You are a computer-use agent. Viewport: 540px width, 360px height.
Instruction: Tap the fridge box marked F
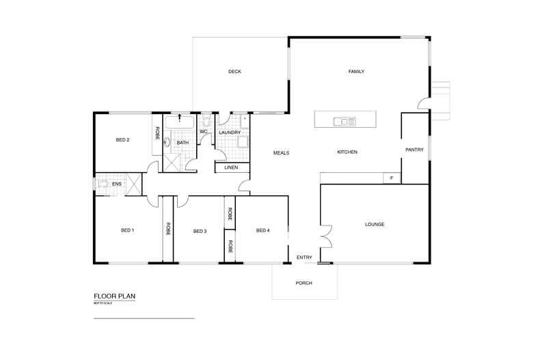392,178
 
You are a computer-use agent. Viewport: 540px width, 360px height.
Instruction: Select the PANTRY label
414,150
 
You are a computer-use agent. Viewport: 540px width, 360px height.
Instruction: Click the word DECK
234,72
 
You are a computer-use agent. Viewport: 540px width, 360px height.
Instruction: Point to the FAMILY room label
356,72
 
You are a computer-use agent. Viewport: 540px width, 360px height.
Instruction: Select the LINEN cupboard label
231,168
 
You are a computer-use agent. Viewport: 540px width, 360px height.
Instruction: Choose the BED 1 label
127,230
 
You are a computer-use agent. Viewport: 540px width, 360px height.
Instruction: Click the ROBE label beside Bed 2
157,134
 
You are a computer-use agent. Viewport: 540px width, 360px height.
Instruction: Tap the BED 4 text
262,230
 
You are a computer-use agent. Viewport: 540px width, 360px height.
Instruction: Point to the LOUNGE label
375,224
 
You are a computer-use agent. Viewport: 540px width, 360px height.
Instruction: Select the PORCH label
303,282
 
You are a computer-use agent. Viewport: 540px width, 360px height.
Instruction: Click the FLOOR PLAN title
115,296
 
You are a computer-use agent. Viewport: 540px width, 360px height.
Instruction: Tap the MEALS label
281,152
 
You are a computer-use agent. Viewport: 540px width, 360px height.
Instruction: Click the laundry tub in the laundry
242,142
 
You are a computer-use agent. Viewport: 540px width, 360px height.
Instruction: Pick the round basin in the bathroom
166,143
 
